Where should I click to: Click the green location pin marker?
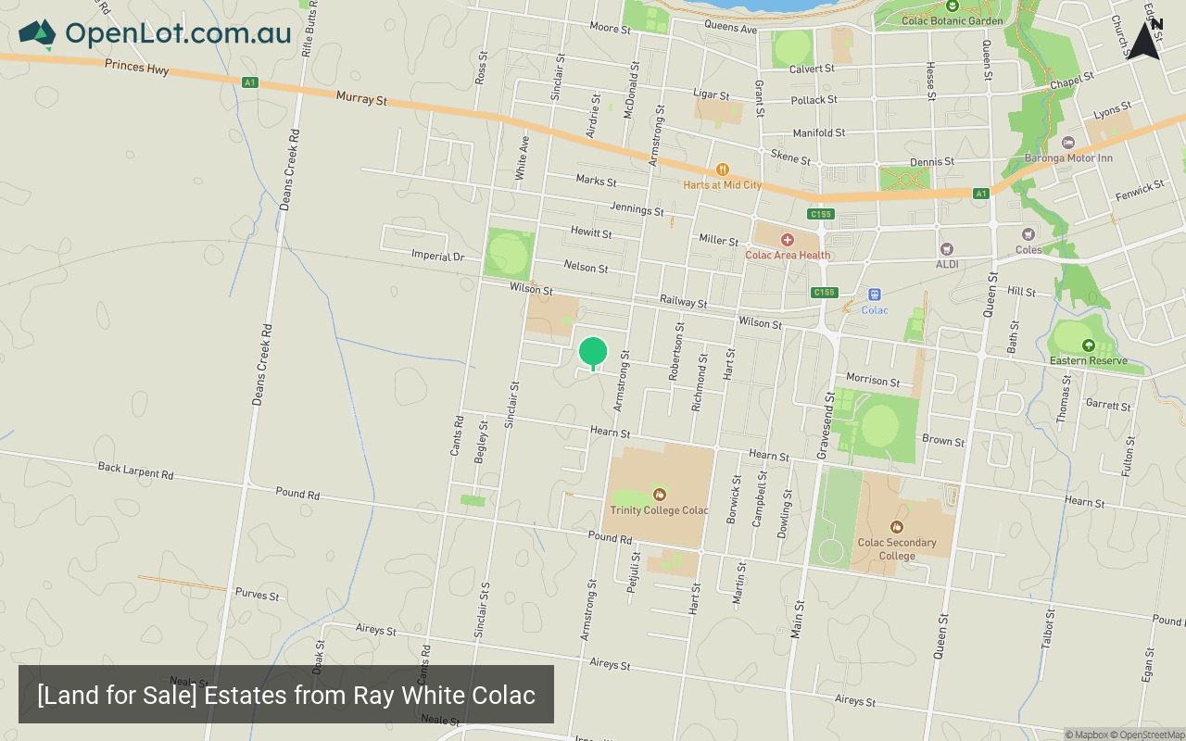click(x=593, y=353)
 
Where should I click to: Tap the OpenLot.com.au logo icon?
click(x=37, y=34)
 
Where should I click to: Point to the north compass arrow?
click(x=1144, y=40)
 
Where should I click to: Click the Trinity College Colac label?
click(x=659, y=510)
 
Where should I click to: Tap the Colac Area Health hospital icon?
click(x=787, y=240)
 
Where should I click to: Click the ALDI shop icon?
click(x=946, y=249)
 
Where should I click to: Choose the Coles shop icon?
click(x=1028, y=234)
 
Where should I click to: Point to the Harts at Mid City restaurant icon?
click(x=722, y=170)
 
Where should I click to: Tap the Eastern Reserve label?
click(x=1088, y=360)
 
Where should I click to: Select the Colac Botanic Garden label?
click(x=952, y=20)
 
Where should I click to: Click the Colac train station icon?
click(x=874, y=295)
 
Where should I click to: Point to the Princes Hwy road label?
click(x=136, y=66)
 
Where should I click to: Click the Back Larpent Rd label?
click(x=135, y=470)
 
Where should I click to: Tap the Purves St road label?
click(x=257, y=594)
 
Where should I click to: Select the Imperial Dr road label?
click(x=437, y=256)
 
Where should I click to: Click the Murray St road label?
click(x=361, y=97)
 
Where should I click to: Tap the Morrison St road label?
click(x=873, y=380)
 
